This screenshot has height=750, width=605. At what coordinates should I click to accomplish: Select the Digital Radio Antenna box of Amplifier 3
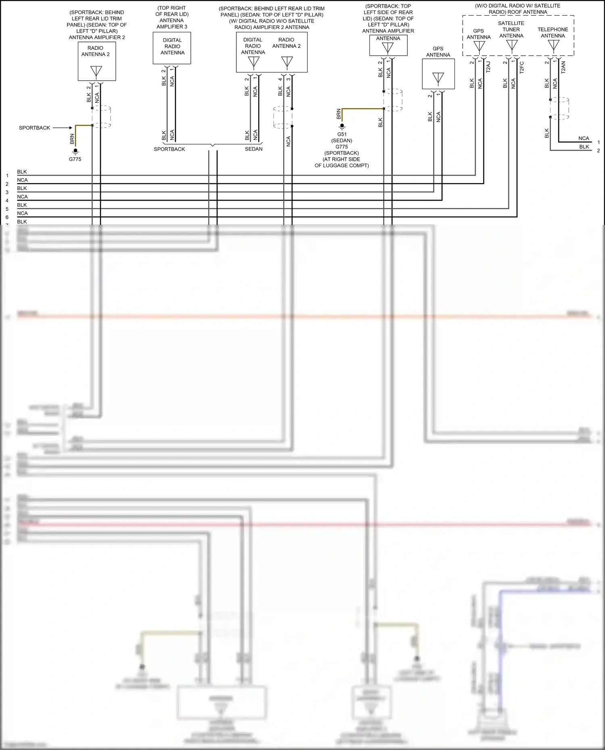click(172, 48)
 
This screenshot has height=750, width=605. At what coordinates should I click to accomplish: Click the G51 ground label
click(342, 134)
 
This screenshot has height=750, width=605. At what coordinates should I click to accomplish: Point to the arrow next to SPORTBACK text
click(63, 128)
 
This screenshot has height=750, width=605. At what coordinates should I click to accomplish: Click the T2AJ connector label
click(488, 67)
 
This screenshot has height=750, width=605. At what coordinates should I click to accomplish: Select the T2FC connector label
click(522, 67)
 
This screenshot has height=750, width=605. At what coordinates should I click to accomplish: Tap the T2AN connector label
click(563, 67)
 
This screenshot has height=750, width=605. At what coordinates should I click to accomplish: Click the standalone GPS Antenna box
click(438, 74)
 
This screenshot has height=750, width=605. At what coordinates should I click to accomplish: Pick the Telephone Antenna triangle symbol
click(553, 45)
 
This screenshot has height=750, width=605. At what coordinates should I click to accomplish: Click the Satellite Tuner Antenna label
click(511, 29)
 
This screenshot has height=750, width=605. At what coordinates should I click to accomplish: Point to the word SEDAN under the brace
click(254, 149)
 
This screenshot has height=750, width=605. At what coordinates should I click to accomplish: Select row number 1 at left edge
click(7, 176)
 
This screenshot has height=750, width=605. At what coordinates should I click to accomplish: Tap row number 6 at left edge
click(7, 217)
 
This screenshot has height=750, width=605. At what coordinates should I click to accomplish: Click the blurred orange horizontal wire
click(302, 316)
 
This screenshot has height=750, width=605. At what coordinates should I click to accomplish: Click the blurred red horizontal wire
click(302, 524)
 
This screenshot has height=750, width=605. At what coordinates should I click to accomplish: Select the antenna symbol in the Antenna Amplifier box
click(388, 48)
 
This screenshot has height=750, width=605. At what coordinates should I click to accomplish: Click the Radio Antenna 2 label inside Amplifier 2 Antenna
click(286, 43)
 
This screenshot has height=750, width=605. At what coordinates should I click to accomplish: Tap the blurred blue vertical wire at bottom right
click(500, 645)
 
